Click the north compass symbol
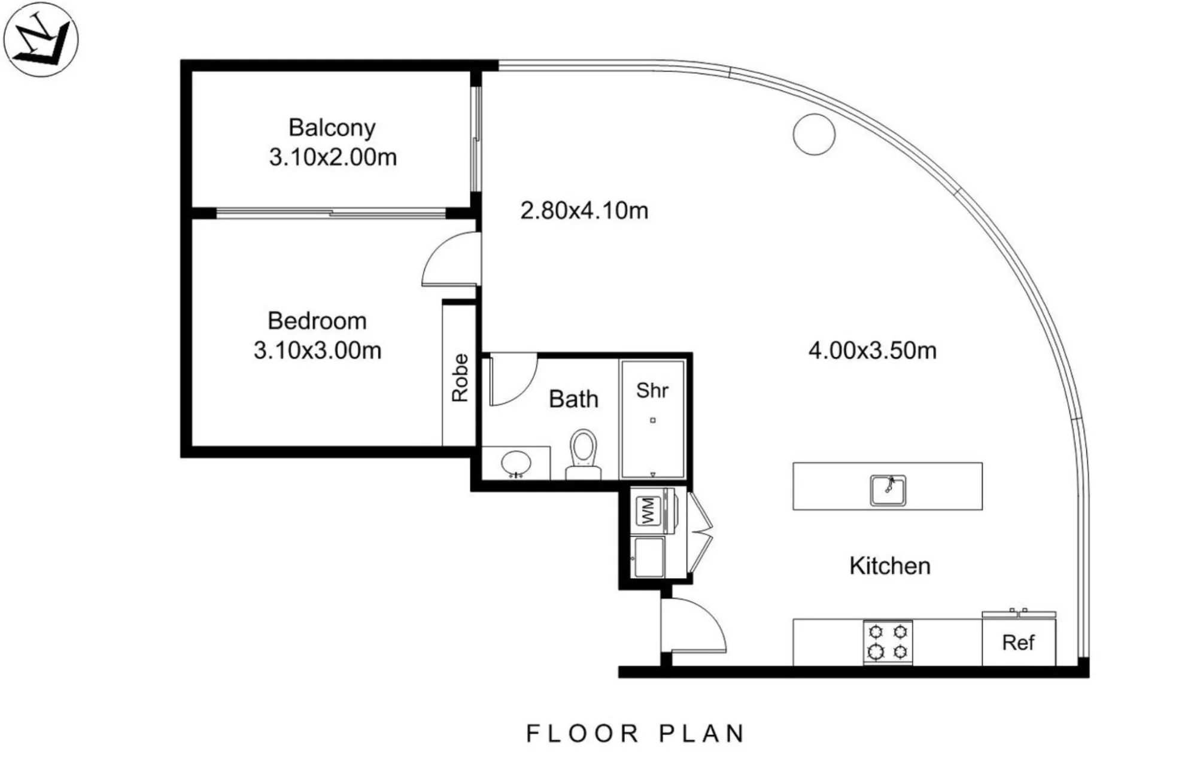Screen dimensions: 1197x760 (x=41, y=39)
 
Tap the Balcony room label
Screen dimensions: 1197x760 (x=332, y=128)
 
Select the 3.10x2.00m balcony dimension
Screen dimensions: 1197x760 (x=333, y=157)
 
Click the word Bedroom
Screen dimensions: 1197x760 (x=317, y=321)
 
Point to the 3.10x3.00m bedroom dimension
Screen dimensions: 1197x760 (x=317, y=351)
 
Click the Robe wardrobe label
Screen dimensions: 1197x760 (x=460, y=378)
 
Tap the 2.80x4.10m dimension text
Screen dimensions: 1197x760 (x=584, y=211)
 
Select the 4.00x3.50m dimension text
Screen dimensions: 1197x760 (x=873, y=351)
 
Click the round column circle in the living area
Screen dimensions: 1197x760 (x=814, y=134)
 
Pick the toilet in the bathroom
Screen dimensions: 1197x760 (x=584, y=454)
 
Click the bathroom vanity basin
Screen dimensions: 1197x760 (x=516, y=463)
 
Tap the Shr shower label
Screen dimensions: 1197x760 (x=652, y=391)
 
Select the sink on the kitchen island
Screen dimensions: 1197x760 (x=888, y=490)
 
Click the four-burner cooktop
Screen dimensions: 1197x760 (x=888, y=642)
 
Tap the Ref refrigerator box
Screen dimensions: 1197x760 (x=1019, y=641)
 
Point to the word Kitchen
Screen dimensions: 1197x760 (x=890, y=566)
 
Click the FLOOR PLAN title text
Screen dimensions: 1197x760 (x=636, y=734)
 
